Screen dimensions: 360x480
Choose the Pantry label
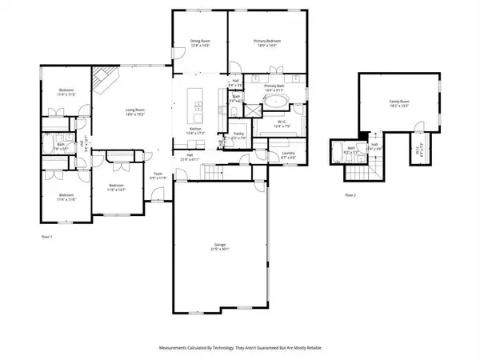(x=238, y=135)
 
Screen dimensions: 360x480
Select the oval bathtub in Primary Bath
(x=276, y=103)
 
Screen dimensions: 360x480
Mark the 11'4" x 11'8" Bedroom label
(x=66, y=196)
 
